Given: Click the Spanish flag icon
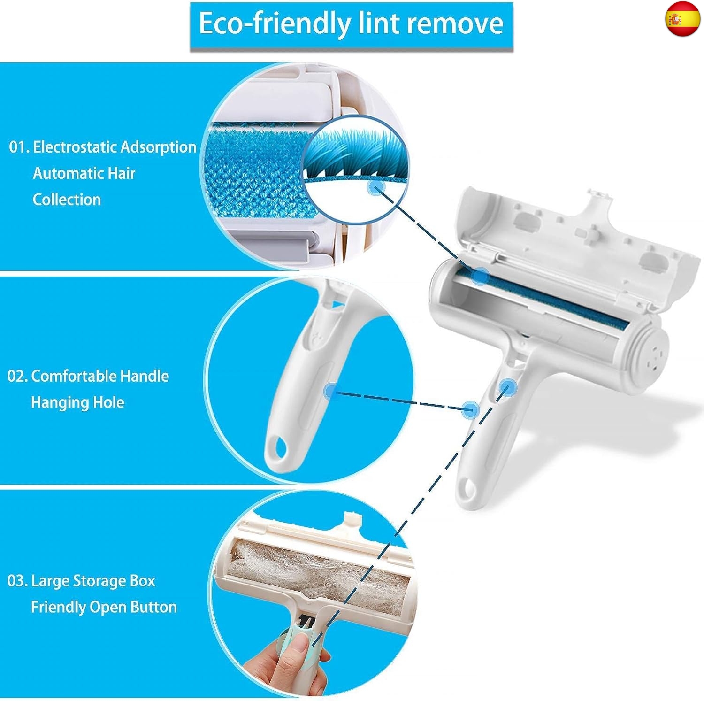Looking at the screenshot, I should click(682, 19).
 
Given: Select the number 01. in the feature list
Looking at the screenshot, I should click(19, 147).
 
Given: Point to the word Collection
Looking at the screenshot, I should click(67, 200).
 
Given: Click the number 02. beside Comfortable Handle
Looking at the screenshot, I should click(17, 376).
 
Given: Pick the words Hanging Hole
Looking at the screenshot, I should click(77, 402).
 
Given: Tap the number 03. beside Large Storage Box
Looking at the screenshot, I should click(17, 581).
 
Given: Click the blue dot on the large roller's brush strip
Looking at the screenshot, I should click(480, 276).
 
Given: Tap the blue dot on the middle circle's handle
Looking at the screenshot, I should click(331, 391).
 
